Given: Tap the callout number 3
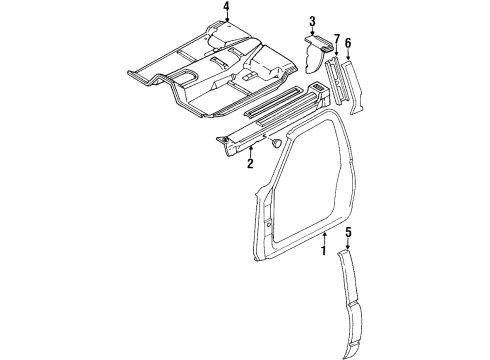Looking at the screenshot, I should coord(312,21).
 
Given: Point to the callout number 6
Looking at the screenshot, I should coord(348,44).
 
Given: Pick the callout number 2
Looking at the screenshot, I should coord(250,163).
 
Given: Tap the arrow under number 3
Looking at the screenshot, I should coord(312,33).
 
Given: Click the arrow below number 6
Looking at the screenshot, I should coord(348,56).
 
